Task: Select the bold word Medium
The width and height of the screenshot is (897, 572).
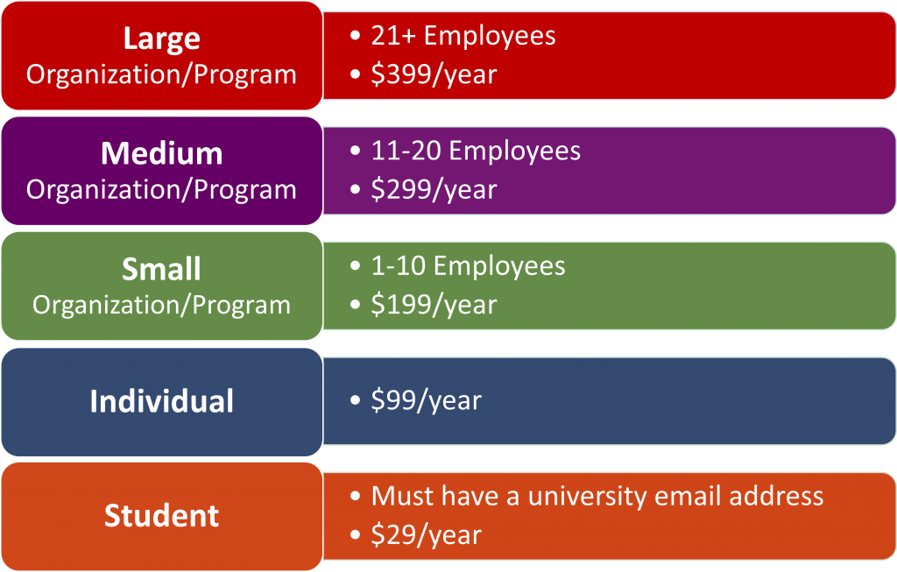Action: pyautogui.click(x=162, y=153)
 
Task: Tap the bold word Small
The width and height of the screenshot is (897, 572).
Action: pyautogui.click(x=162, y=269)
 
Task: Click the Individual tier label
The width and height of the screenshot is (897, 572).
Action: pyautogui.click(x=162, y=401)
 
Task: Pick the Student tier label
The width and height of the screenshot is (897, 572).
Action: pyautogui.click(x=162, y=516)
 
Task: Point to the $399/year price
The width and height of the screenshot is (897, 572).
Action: pyautogui.click(x=434, y=75)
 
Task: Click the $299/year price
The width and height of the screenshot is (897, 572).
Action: pyautogui.click(x=434, y=190)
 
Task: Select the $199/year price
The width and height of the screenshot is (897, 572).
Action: pyautogui.click(x=434, y=305)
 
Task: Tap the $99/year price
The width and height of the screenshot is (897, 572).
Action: pyautogui.click(x=427, y=400)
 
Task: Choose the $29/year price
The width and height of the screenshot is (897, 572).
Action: pyautogui.click(x=427, y=535)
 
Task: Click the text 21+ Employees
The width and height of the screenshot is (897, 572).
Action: pyautogui.click(x=463, y=36)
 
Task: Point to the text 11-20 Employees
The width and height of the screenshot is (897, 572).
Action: pyautogui.click(x=476, y=151)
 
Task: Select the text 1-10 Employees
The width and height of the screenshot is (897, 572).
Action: pyautogui.click(x=468, y=266)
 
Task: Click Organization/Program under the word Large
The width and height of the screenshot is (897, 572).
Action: pyautogui.click(x=161, y=75)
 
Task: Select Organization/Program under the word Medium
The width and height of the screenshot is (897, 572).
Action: pyautogui.click(x=161, y=190)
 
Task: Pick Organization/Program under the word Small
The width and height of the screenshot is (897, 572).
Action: pyautogui.click(x=161, y=305)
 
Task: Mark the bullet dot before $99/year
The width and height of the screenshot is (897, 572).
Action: pyautogui.click(x=356, y=399)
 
